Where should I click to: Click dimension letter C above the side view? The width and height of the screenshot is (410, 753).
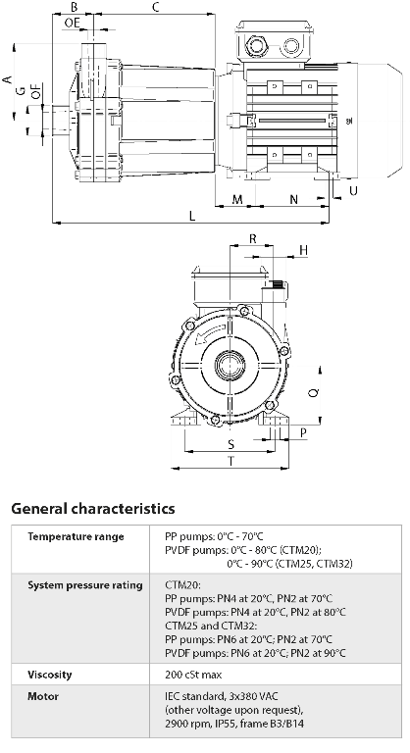pos(156,8)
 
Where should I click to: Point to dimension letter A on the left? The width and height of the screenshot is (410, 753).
pos(7,77)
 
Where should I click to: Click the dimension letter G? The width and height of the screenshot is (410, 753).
pos(20,90)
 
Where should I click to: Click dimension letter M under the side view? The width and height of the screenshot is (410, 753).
pos(237,200)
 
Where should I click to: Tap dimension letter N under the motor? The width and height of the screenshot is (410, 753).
pos(295,200)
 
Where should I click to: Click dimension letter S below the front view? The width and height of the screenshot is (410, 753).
pos(231,445)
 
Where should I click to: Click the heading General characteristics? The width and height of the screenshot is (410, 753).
pos(93,509)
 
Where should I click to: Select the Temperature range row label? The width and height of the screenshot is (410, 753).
pos(75,537)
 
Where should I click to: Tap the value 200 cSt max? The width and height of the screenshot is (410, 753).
pos(197,676)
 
